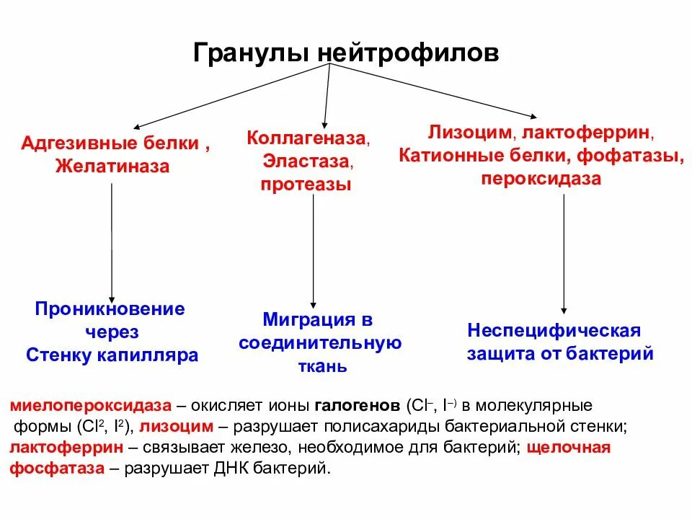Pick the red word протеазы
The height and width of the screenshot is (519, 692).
[306, 185]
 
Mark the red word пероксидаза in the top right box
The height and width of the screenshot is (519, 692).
[541, 179]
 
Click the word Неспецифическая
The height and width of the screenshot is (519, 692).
[554, 331]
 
